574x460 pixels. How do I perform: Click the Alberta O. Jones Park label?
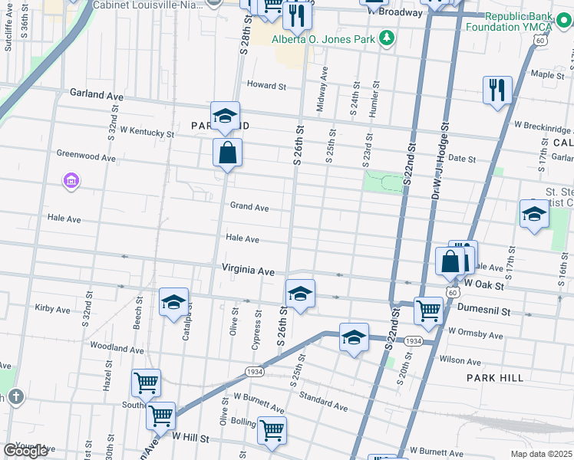[325, 38]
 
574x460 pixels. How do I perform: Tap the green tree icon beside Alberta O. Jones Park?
[388, 38]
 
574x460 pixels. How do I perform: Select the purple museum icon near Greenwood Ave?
[71, 181]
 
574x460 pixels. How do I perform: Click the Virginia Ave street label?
[248, 271]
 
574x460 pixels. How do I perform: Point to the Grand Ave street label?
[249, 207]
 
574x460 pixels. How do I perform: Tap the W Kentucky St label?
[147, 132]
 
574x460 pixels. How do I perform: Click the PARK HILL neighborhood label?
[495, 378]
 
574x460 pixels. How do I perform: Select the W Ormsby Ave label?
[475, 334]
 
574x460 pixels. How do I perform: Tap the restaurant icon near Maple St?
[497, 90]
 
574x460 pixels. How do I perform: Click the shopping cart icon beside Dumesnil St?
[427, 310]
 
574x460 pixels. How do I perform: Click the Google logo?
[25, 451]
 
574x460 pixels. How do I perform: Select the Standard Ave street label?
[323, 401]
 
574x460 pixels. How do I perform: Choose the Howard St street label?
[266, 85]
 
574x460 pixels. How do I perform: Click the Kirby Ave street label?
[52, 309]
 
